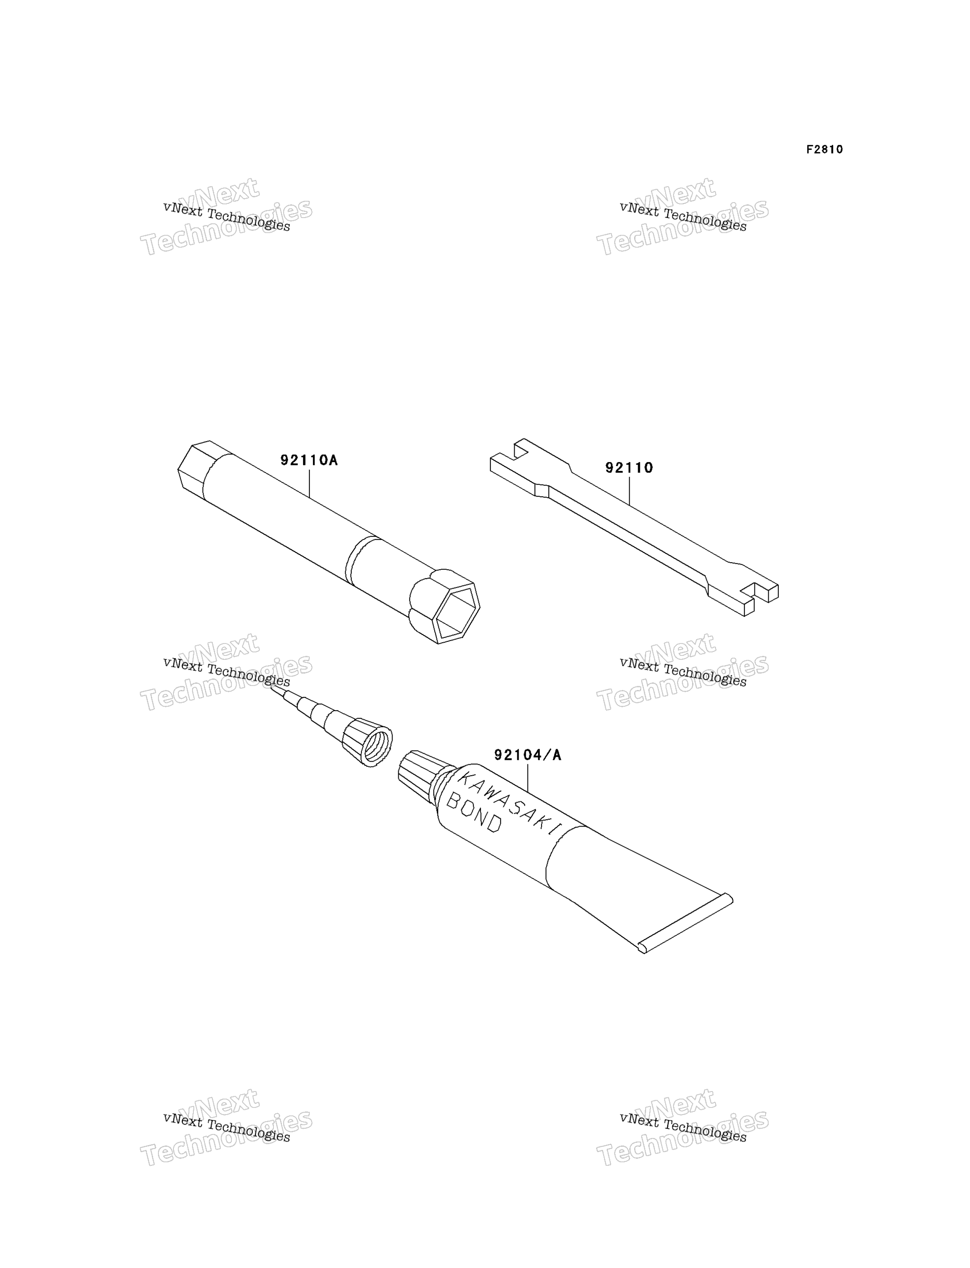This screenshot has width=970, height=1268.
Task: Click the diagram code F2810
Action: [824, 149]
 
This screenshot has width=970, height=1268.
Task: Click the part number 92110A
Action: [309, 460]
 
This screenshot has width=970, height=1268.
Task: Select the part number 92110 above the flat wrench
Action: [629, 467]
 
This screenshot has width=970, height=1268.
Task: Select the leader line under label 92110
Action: [629, 491]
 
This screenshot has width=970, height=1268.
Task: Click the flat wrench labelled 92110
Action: [634, 527]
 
